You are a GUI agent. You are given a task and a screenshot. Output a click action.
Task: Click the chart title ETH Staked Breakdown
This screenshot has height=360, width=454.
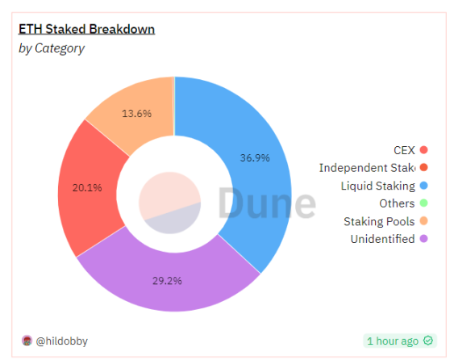point(86,29)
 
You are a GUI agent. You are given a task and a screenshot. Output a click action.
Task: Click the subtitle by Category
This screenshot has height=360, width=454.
point(51,48)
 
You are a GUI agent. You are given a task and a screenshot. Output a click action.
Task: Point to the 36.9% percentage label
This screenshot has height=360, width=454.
point(256,157)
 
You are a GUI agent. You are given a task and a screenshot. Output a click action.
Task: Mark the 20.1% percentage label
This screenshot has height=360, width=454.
point(87,188)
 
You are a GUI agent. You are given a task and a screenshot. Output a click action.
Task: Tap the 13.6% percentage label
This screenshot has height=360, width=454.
point(136,114)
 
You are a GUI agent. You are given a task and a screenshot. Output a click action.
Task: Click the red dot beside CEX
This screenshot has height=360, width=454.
point(424,149)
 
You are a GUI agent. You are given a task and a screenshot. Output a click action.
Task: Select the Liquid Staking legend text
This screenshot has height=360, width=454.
point(377,186)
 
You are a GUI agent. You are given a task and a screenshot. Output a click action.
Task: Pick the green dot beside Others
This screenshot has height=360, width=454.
point(424,203)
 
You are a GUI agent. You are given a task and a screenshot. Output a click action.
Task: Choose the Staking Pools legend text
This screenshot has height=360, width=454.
point(379,221)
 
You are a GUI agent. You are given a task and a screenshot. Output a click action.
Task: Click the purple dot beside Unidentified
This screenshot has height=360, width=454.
point(424,239)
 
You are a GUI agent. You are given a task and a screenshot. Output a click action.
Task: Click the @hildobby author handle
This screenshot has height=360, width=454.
point(62,341)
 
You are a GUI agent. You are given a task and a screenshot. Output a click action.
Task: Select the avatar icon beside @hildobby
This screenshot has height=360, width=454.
point(27,341)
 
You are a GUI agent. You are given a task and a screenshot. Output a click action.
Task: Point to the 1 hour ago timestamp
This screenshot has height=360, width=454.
point(393,341)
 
